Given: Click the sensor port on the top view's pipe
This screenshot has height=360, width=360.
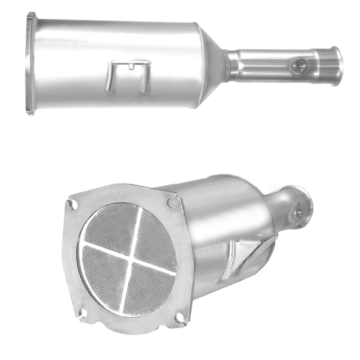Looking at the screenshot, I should (300, 64).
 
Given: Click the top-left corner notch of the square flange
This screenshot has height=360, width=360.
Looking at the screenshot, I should (72, 205).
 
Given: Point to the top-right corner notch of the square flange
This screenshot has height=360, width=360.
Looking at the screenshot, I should (172, 202).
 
